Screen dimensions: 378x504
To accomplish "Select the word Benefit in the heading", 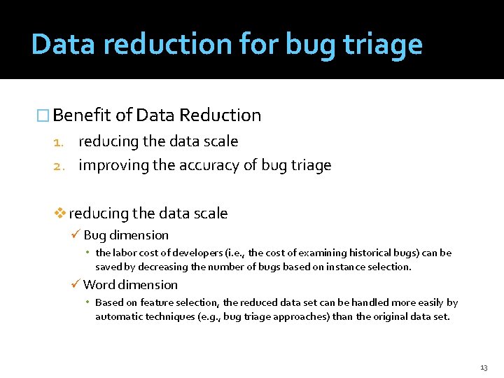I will (x=82, y=115).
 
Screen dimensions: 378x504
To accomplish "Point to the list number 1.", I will (x=59, y=142).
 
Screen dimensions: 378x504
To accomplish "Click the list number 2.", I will (x=59, y=166).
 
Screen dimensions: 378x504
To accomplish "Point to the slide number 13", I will (x=484, y=367).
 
